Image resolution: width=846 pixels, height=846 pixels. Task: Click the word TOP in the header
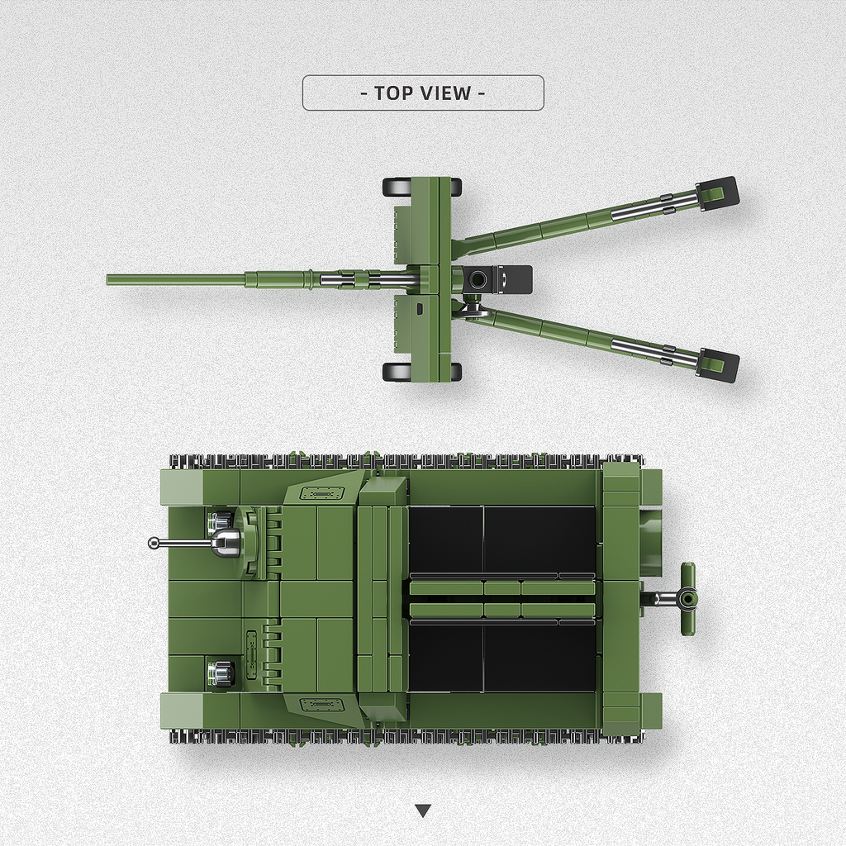pos(393,93)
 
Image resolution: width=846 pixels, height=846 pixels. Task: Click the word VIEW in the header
pos(446,93)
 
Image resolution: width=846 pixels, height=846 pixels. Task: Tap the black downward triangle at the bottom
pos(423,810)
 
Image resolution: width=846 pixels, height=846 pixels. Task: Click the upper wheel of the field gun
pos(397,187)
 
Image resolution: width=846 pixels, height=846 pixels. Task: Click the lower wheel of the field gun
pos(397,372)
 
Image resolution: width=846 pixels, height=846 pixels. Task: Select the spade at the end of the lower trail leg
pos(717,364)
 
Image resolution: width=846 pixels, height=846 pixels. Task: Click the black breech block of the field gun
pos(497,279)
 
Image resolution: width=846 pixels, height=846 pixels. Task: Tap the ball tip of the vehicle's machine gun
pos(154,543)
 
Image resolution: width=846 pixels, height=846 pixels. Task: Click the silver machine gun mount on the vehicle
pos(226,542)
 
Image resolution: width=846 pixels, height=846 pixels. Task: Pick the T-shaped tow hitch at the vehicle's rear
pos(686,598)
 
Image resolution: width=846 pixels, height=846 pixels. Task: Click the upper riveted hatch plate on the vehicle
pos(321,494)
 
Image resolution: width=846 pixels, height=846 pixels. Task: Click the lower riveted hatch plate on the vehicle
pos(321,705)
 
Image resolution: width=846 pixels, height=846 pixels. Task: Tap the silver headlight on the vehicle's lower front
pos(220,673)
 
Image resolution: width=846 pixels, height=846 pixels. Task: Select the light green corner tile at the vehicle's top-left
pos(180,487)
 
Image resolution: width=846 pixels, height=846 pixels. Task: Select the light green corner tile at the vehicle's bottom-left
pos(180,710)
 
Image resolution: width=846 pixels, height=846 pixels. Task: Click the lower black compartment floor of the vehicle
pos(502,657)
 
